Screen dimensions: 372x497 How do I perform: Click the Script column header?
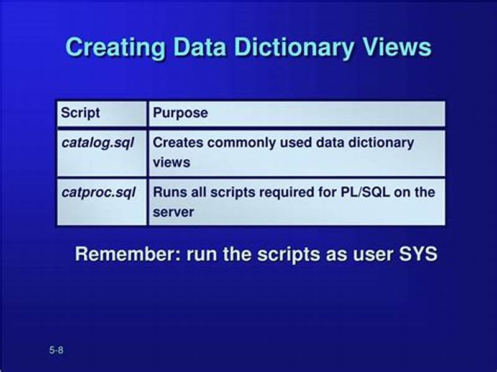coord(80,114)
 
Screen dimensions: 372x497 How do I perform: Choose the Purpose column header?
coord(180,114)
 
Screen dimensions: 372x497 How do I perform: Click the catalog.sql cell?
coord(98,142)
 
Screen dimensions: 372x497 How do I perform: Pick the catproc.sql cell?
coord(98,192)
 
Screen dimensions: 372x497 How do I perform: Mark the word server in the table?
coord(173,212)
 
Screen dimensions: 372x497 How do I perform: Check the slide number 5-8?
coord(56,351)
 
